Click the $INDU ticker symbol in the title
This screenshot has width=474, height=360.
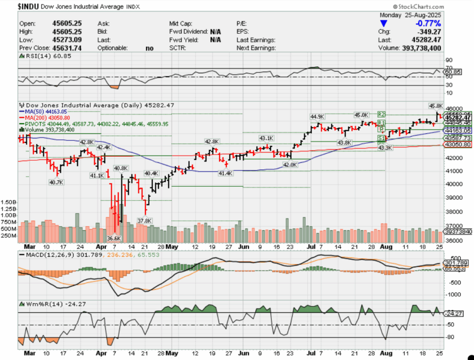click(x=28, y=6)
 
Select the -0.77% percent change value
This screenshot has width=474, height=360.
click(x=428, y=23)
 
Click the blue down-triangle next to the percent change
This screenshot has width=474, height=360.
click(x=382, y=23)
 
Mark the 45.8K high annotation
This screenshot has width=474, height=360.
click(x=436, y=106)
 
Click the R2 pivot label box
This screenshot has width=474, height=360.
click(x=381, y=114)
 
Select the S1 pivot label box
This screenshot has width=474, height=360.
click(x=381, y=138)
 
